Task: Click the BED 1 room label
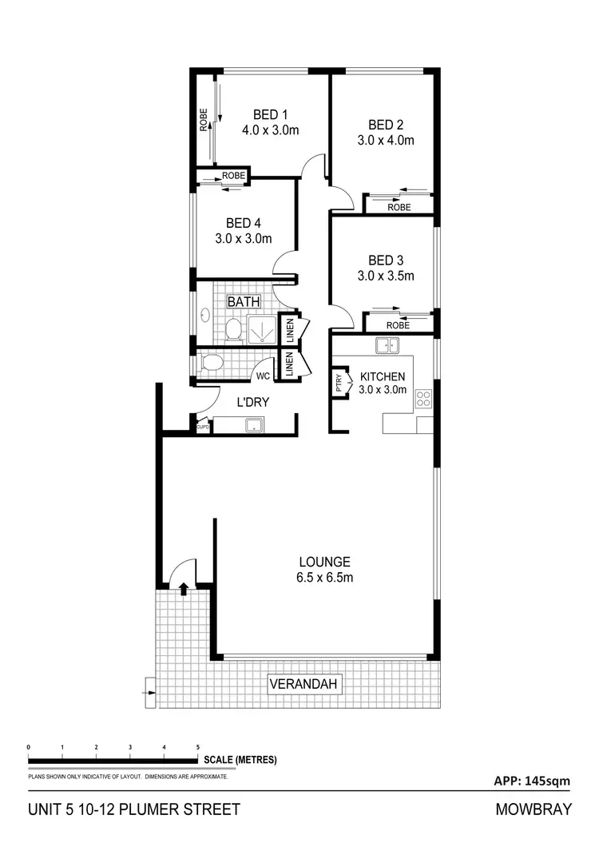[x=271, y=113]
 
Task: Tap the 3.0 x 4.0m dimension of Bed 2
[x=386, y=141]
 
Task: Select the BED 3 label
[x=386, y=260]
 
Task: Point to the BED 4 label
[x=244, y=223]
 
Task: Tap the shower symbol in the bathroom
[x=261, y=329]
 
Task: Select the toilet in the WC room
[x=212, y=364]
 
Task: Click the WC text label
[x=262, y=376]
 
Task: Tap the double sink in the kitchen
[x=389, y=346]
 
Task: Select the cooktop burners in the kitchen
[x=423, y=399]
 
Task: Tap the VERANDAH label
[x=306, y=684]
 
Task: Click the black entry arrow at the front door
[x=184, y=590]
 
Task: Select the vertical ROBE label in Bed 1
[x=204, y=119]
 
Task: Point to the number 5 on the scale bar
[x=198, y=747]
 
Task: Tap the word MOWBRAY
[x=534, y=809]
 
